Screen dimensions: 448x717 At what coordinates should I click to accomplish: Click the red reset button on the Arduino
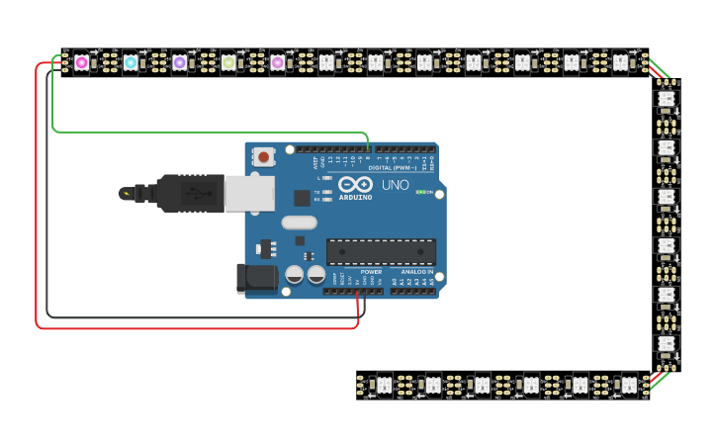coord(264,156)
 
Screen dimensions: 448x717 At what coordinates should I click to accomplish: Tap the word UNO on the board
coord(395,184)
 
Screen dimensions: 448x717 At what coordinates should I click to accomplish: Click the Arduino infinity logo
coord(354,184)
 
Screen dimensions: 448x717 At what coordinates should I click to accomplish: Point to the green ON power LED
coord(419,192)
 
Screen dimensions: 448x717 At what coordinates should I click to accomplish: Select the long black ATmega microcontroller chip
coord(381,251)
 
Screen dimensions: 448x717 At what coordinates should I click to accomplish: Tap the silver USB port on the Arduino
coord(249,193)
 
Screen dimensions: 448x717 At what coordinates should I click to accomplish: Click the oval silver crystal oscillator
coord(299,223)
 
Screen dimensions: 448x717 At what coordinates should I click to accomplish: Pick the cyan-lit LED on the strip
coord(131,62)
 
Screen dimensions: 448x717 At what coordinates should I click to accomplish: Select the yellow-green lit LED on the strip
coord(228,62)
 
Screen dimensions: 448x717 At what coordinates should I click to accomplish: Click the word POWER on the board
coord(371,271)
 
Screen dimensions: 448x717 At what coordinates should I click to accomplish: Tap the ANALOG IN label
coord(416,271)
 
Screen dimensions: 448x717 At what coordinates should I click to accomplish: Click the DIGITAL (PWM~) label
coord(392,168)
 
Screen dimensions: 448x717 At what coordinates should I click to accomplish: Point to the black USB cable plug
coord(188,193)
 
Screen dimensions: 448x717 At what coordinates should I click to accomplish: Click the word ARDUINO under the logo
coord(356,197)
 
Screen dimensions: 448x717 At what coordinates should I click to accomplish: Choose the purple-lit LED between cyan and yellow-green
coord(179,62)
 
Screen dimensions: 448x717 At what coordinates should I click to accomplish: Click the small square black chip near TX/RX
coord(302,198)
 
